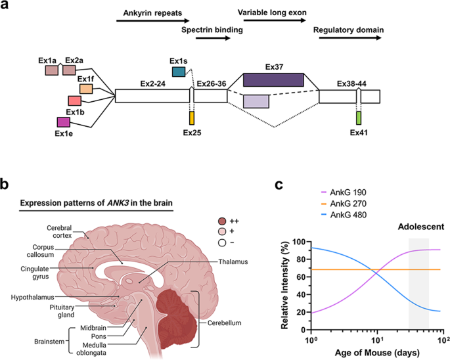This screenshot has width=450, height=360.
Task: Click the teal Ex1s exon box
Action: click(x=178, y=71)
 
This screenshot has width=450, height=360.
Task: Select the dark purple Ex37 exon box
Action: click(x=273, y=79)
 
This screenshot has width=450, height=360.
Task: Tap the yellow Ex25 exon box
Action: click(x=192, y=118)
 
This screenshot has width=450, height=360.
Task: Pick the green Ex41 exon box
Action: click(x=359, y=118)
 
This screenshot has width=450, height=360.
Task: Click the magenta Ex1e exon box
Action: click(x=64, y=122)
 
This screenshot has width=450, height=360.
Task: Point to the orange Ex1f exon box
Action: click(x=86, y=89)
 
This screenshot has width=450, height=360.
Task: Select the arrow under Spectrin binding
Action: click(x=213, y=39)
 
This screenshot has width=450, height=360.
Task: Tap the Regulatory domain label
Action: click(x=349, y=30)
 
